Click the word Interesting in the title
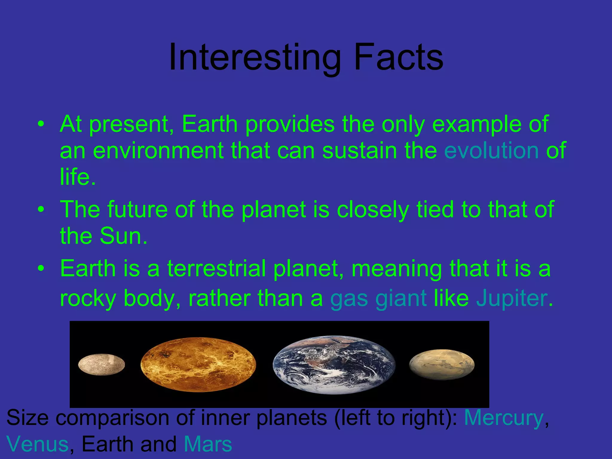255,57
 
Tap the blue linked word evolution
491,150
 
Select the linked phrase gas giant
378,299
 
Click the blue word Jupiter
512,299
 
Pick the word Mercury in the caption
504,418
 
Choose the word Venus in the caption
37,444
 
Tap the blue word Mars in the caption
208,444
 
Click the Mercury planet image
101,364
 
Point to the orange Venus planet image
198,364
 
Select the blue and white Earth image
334,365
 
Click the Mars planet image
442,365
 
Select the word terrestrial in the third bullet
216,268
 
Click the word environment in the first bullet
158,150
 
